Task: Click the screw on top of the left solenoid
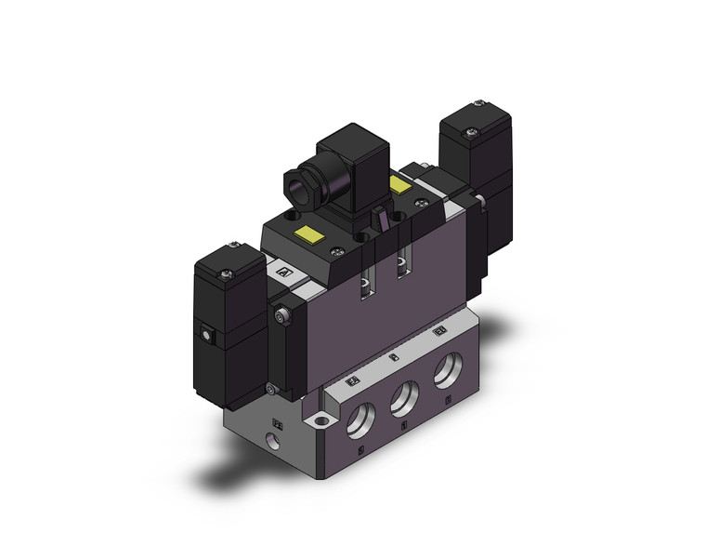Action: click(226, 273)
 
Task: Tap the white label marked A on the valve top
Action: click(284, 273)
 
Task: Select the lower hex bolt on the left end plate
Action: click(269, 390)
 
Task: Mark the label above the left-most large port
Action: click(352, 382)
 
